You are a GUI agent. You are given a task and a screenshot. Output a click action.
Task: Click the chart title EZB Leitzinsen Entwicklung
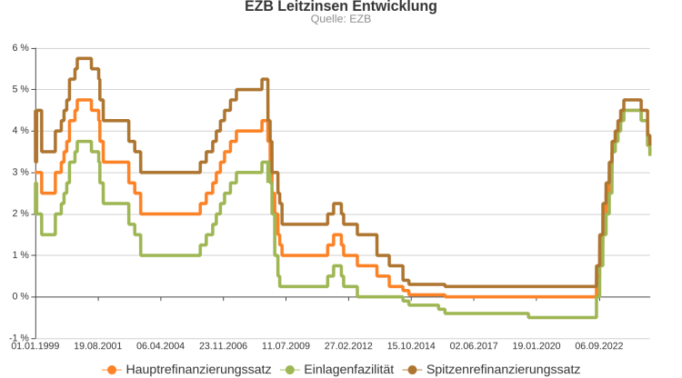point(341,7)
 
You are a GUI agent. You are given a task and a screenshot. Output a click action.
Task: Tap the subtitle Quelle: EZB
point(341,19)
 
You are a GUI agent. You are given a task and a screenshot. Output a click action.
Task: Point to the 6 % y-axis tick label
point(20,47)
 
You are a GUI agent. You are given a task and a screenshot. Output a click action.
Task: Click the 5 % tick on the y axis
point(20,89)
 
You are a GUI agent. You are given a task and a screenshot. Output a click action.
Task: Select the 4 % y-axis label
point(20,130)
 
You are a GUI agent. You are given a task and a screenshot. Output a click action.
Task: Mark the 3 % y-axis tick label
point(20,172)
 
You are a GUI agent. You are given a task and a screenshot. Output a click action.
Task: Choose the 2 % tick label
point(20,214)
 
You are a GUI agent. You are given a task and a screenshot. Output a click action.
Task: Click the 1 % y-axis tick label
point(20,255)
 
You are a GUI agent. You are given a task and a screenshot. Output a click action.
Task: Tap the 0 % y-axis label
point(20,296)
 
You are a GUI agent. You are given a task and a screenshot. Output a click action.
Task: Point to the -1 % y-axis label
point(18,338)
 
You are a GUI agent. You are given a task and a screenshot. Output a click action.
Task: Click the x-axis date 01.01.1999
point(35,346)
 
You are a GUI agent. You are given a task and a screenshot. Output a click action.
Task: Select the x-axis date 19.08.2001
point(98,346)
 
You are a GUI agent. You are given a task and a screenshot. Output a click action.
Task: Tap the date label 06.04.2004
point(161,346)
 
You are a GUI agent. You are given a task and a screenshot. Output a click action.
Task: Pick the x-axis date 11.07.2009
point(286,346)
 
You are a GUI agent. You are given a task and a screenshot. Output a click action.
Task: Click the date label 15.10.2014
point(412,346)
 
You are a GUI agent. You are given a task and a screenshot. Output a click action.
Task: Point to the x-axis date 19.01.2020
point(537,346)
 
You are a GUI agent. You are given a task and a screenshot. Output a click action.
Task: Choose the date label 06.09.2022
point(600,346)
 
